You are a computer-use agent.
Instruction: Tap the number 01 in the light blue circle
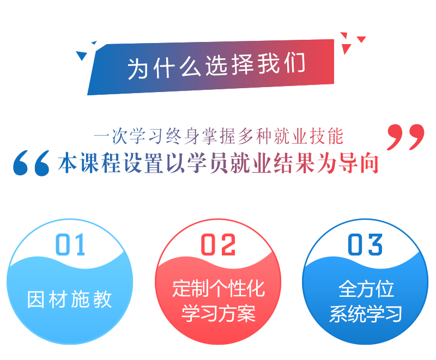pos(71,246)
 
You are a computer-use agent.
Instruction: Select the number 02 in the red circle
pos(218,246)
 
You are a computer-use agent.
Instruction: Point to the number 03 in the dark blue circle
pos(365,246)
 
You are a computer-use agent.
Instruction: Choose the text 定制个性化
pos(218,288)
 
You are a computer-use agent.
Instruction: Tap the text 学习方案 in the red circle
pos(218,314)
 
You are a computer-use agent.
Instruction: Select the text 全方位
pos(366,289)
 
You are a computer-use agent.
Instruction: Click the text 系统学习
pos(366,314)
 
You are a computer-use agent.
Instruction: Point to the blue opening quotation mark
pos(31,163)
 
